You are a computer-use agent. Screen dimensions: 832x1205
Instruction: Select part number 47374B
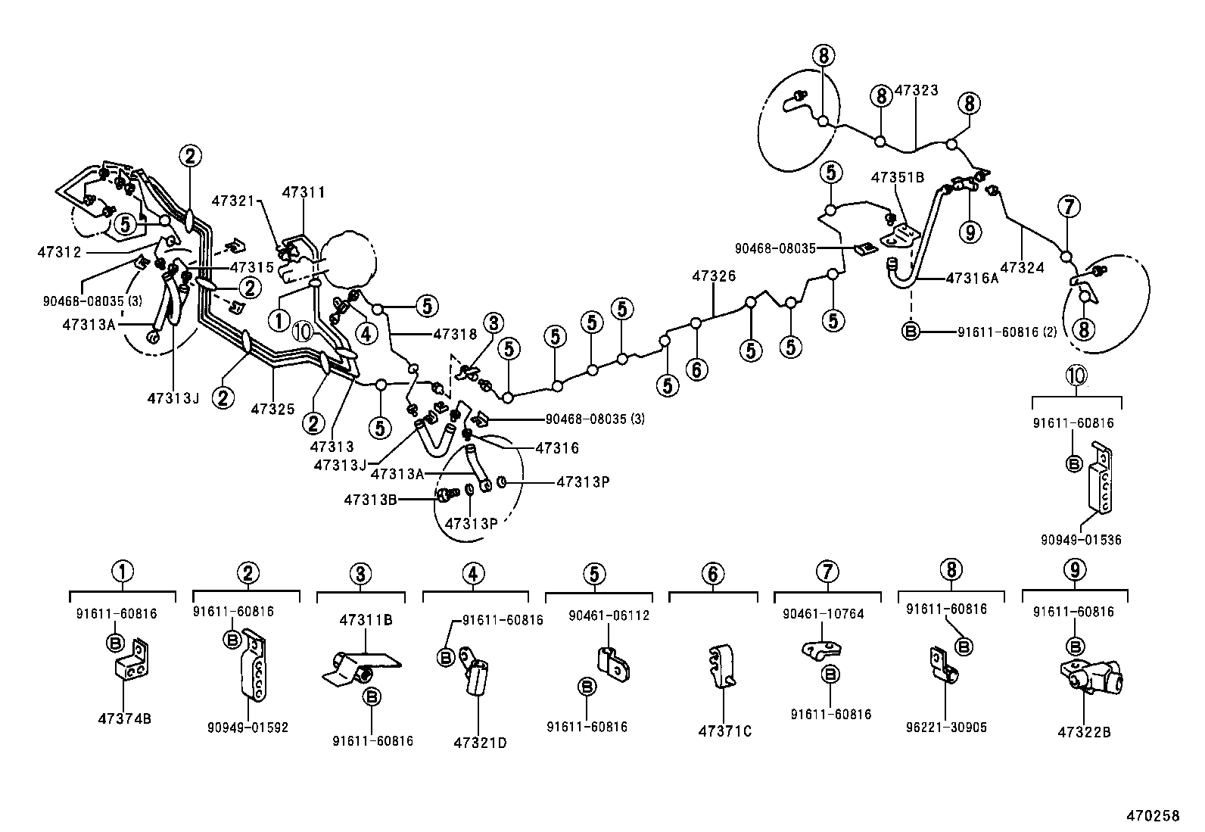tap(124, 718)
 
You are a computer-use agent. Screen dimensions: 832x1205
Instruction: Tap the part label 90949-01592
tap(248, 728)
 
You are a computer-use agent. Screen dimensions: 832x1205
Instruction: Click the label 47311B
tap(366, 619)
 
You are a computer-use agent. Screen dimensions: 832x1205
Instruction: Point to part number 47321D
tap(480, 743)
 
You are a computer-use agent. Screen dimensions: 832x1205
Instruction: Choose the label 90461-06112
tap(609, 615)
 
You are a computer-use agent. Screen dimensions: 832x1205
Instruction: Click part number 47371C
tap(724, 731)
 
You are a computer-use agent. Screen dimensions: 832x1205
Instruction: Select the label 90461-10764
tap(823, 614)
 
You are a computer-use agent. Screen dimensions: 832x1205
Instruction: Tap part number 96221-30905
tap(946, 728)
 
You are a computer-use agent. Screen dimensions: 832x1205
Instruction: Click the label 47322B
tap(1084, 733)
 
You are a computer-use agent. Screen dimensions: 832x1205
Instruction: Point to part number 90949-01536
tap(1081, 540)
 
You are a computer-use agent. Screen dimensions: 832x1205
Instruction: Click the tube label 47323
tap(916, 90)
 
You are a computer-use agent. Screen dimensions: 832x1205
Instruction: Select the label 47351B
tap(898, 177)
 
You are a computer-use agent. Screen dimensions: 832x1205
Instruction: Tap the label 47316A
tap(972, 278)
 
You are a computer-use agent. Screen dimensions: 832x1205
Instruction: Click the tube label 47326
tap(713, 276)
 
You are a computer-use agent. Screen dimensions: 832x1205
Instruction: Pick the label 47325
tap(272, 409)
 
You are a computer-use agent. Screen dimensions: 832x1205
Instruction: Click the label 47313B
tap(370, 500)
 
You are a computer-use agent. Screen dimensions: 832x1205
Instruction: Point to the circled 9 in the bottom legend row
tap(1074, 570)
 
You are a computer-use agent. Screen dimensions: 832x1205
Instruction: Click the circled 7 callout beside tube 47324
tap(1070, 206)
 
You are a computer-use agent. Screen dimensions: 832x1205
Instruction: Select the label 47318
tap(456, 333)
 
